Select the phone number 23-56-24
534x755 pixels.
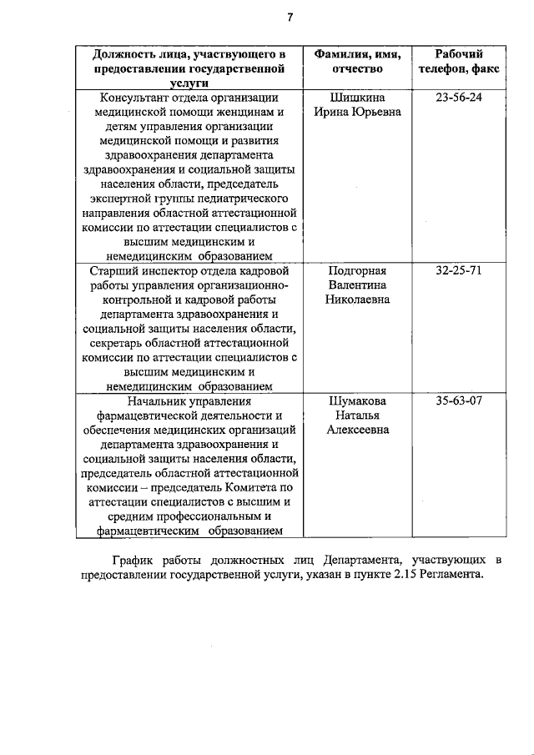coord(459,98)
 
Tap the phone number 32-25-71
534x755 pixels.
coord(459,271)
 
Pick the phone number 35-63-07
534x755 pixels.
coord(459,400)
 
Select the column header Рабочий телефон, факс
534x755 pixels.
coord(459,61)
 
